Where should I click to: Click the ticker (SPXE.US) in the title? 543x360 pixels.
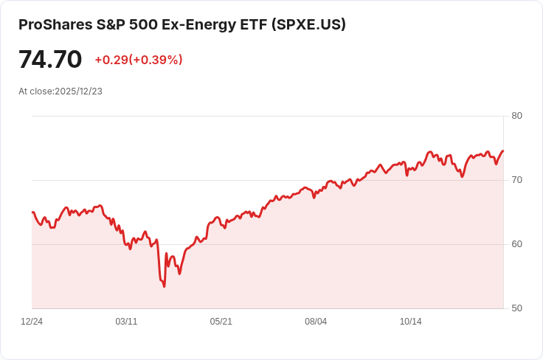pos(308,24)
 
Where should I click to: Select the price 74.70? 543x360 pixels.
pos(50,59)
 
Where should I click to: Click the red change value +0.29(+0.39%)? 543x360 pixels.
pos(139,60)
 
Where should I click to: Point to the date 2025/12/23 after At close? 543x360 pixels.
pos(78,91)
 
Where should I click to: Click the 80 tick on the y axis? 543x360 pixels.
pos(516,116)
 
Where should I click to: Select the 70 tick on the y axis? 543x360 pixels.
pos(516,180)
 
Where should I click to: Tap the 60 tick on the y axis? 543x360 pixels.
pos(516,244)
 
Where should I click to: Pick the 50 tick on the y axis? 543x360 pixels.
pos(516,308)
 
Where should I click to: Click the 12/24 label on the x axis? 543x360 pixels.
pos(32,322)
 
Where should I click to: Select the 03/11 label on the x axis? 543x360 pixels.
pos(126,322)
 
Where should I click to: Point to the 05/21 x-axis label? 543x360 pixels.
pos(221,322)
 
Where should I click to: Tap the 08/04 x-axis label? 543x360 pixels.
pos(316,322)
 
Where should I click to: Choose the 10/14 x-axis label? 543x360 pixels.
pos(410,322)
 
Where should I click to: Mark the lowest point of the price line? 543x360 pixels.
pos(164,286)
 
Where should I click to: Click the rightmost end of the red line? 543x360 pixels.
pos(503,150)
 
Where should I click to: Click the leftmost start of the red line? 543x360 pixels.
pos(32,212)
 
